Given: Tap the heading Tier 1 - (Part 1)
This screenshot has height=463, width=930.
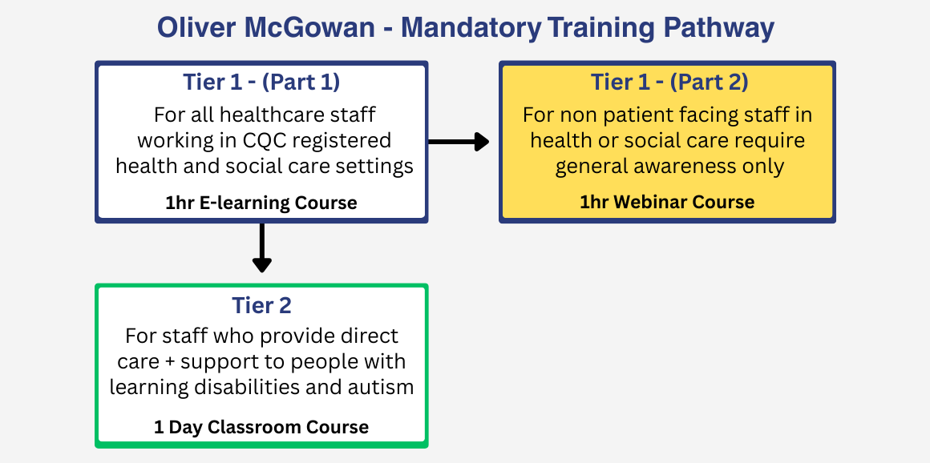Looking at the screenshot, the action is coord(261,83).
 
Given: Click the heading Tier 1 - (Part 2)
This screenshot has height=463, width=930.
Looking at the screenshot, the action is coord(669,82).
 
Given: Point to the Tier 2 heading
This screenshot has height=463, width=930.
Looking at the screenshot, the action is coord(261,305).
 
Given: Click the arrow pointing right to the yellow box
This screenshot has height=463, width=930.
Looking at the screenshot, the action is coord(459,141).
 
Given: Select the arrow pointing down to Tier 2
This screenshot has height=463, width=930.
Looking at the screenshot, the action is coord(261,248).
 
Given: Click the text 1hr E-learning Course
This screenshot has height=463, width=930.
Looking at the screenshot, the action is coord(261,203).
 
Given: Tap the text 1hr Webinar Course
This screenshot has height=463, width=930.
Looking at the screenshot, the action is coord(667,202).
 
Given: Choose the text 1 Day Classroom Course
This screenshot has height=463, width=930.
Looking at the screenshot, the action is coord(261,427).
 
